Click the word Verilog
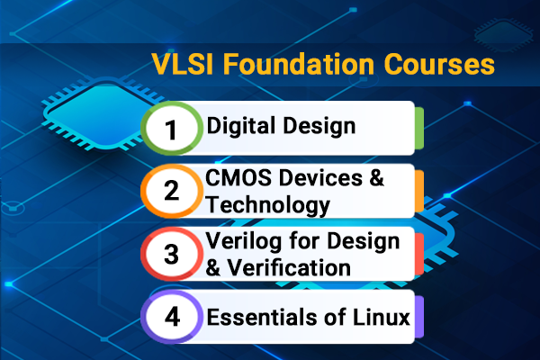tap(240, 240)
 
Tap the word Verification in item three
tap(290, 267)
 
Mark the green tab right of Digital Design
tap(419, 128)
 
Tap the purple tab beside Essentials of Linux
tap(419, 316)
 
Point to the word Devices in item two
tap(319, 177)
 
